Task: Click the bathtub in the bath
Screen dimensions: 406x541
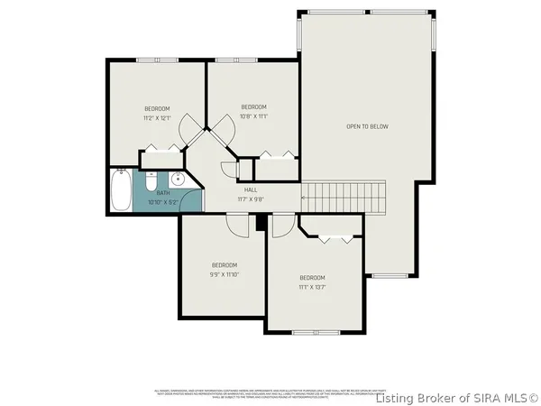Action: coord(121,190)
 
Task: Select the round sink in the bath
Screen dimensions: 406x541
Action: coord(178,179)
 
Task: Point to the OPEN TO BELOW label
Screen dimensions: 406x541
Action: coord(367,126)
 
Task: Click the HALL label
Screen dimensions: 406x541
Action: coord(250,189)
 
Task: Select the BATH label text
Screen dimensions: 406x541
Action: coord(163,193)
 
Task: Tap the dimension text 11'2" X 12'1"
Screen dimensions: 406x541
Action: coord(157,118)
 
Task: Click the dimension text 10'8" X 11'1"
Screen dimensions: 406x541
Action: coord(254,116)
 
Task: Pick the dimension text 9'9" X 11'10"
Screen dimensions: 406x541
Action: coord(225,274)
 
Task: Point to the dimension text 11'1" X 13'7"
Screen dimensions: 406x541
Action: coord(312,287)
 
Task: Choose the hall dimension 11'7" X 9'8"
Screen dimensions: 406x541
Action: coord(250,198)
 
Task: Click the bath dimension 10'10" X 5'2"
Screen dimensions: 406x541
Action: coord(163,201)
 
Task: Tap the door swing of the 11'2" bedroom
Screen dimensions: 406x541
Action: coord(192,133)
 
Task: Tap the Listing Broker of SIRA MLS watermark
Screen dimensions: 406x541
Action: coord(456,397)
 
